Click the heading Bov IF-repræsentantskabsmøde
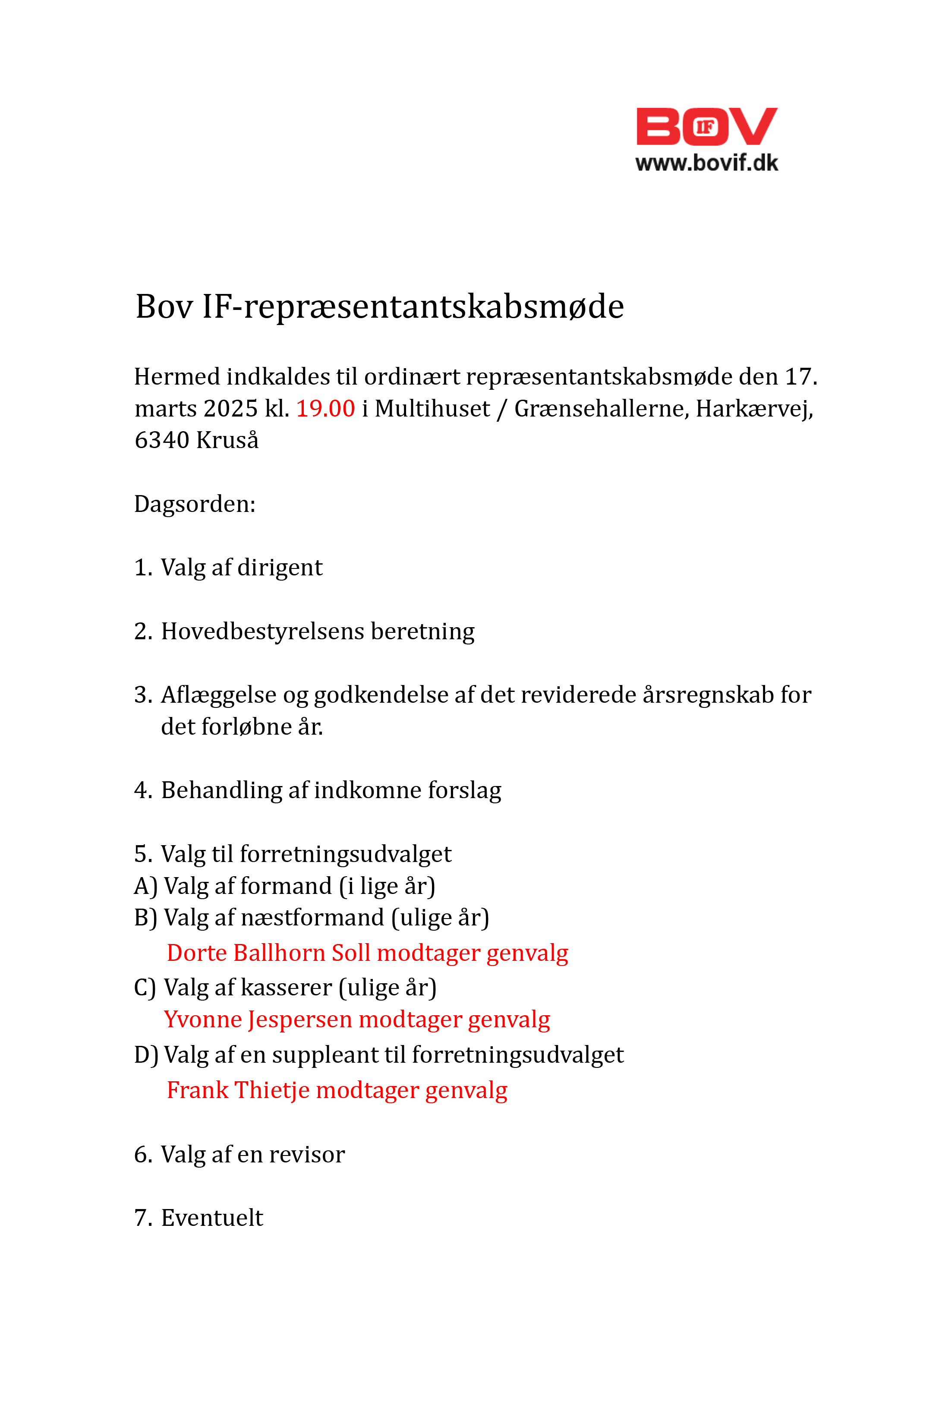click(x=380, y=307)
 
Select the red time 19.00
click(x=325, y=408)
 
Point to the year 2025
click(x=230, y=408)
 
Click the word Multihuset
click(x=432, y=408)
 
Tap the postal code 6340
click(x=161, y=440)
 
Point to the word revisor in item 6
click(x=306, y=1154)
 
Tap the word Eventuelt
click(x=212, y=1218)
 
